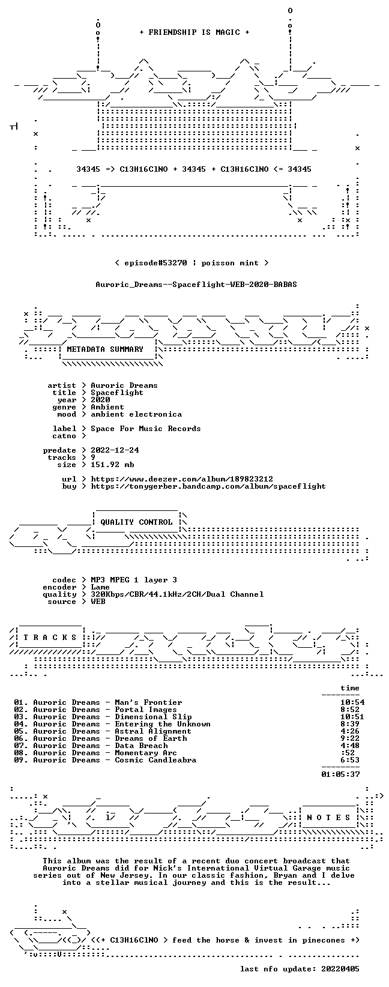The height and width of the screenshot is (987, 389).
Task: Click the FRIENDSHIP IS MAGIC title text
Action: pyautogui.click(x=194, y=32)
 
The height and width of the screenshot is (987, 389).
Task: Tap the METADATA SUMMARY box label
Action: pyautogui.click(x=105, y=349)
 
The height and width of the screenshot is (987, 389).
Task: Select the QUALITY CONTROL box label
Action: pyautogui.click(x=136, y=522)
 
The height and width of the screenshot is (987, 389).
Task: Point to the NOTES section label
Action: pyautogui.click(x=328, y=817)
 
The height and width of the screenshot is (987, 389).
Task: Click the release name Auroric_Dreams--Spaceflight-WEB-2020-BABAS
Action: pyautogui.click(x=196, y=285)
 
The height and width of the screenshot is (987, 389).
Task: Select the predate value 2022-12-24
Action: pyautogui.click(x=115, y=450)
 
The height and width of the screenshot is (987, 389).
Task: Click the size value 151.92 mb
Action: pyautogui.click(x=112, y=465)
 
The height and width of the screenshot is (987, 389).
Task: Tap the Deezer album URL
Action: pyautogui.click(x=182, y=479)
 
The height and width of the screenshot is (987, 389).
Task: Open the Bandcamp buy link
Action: pyautogui.click(x=208, y=486)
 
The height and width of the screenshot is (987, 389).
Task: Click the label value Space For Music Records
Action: pyautogui.click(x=146, y=429)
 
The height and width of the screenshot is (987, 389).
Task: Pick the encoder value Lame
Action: pyautogui.click(x=100, y=587)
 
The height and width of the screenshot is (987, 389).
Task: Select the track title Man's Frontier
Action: pyautogui.click(x=148, y=702)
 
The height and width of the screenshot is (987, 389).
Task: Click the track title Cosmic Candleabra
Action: pyautogui.click(x=155, y=760)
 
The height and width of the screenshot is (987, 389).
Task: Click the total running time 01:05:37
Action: pyautogui.click(x=340, y=774)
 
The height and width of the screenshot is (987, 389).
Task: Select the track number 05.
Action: pyautogui.click(x=19, y=731)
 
